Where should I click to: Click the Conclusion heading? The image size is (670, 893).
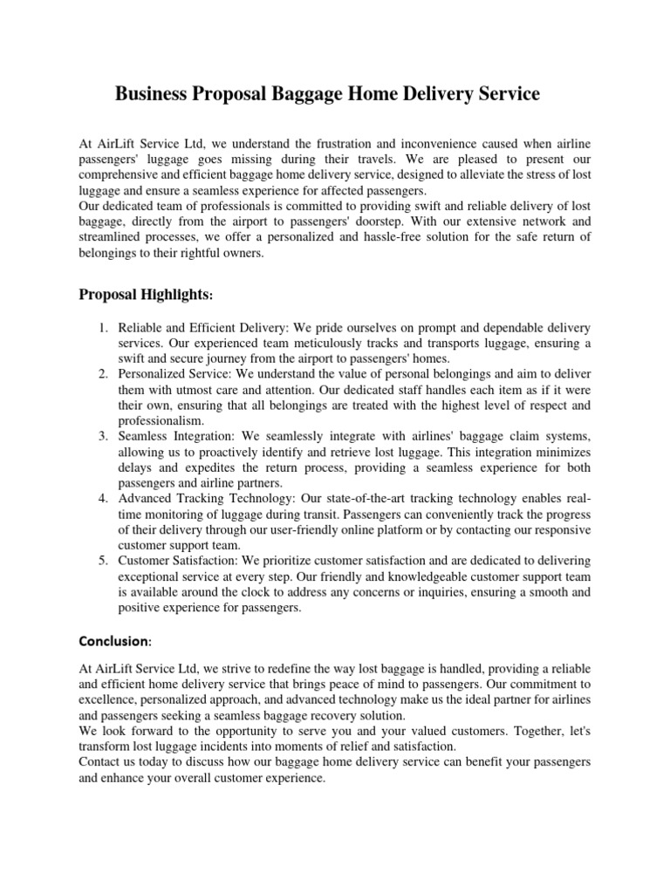point(115,641)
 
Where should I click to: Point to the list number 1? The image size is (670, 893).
point(102,328)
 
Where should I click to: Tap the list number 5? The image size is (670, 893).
point(102,560)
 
